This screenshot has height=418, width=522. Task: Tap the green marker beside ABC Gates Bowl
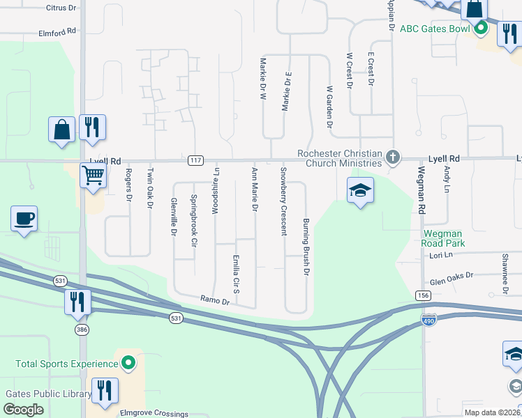tap(480, 29)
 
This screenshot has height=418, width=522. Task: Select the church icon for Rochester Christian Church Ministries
tap(393, 157)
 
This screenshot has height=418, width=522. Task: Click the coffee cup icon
tap(24, 219)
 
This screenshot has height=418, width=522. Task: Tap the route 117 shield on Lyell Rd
tap(195, 160)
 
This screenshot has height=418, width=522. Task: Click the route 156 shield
tap(422, 295)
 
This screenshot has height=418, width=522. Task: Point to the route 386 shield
tap(82, 330)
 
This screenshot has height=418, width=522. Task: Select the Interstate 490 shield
tap(429, 320)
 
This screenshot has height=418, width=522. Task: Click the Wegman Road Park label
tap(443, 238)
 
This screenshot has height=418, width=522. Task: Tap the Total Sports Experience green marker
tap(128, 363)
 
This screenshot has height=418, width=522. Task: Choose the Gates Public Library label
tap(49, 394)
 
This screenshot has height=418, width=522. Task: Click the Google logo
tap(24, 409)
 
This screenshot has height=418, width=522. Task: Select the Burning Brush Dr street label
tap(306, 247)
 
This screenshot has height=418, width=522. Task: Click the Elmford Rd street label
tap(58, 32)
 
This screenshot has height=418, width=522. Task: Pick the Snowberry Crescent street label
tap(283, 201)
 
